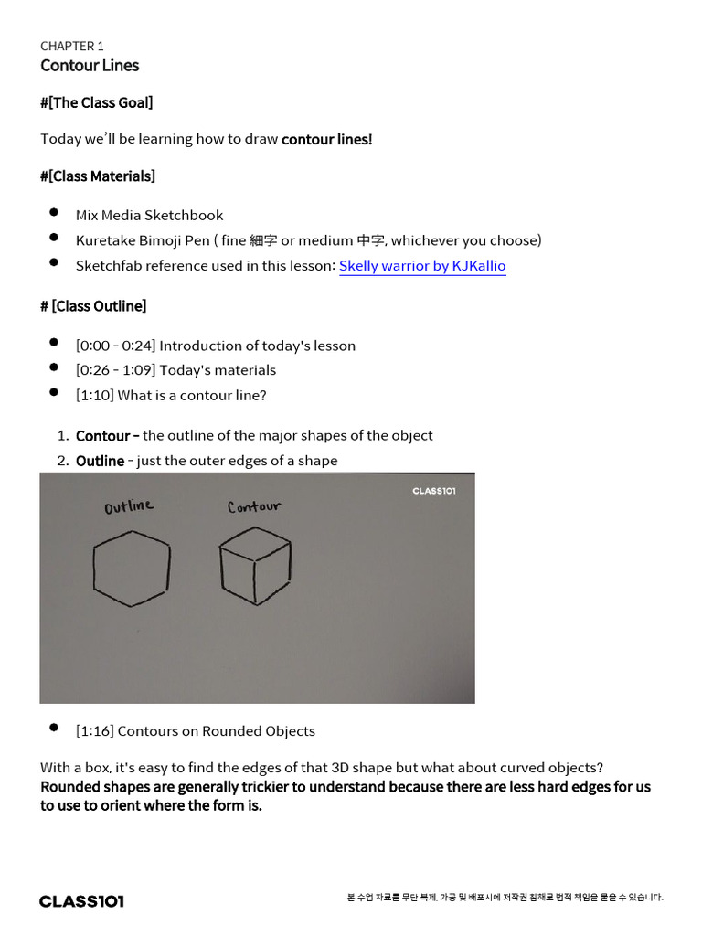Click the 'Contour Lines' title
point(90,66)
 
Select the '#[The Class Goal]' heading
point(96,102)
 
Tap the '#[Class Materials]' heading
point(98,175)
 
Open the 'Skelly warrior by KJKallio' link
point(422,266)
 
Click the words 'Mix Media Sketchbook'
point(149,216)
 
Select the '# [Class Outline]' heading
point(93,305)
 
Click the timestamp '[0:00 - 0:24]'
point(116,346)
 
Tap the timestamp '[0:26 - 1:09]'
point(116,370)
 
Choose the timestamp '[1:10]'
point(94,396)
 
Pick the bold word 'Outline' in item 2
point(100,461)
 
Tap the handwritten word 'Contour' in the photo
point(253,505)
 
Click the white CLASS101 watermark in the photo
point(434,491)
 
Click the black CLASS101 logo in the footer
point(81,901)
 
